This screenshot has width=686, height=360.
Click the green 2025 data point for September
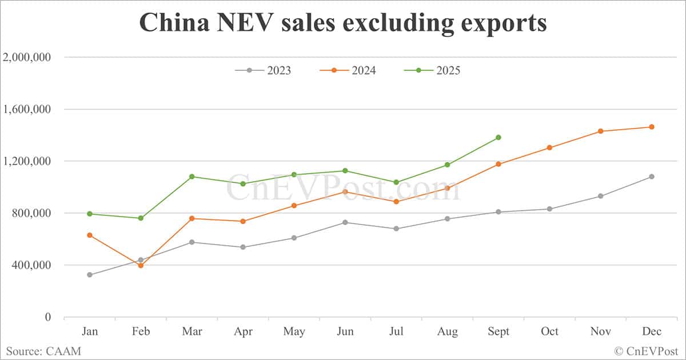point(498,137)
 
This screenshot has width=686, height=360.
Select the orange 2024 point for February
point(141,266)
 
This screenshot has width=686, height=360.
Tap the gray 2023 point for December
point(652,177)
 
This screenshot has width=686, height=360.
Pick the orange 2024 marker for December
point(652,127)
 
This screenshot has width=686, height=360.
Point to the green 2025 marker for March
point(192,177)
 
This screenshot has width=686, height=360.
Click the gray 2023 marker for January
point(90,275)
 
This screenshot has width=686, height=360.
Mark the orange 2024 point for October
point(549,147)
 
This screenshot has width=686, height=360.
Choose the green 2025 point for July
point(396,182)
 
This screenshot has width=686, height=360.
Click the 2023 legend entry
point(263,70)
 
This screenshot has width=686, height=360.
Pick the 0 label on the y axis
point(49,317)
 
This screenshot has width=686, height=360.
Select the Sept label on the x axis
point(498,332)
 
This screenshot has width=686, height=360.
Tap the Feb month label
point(141,332)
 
